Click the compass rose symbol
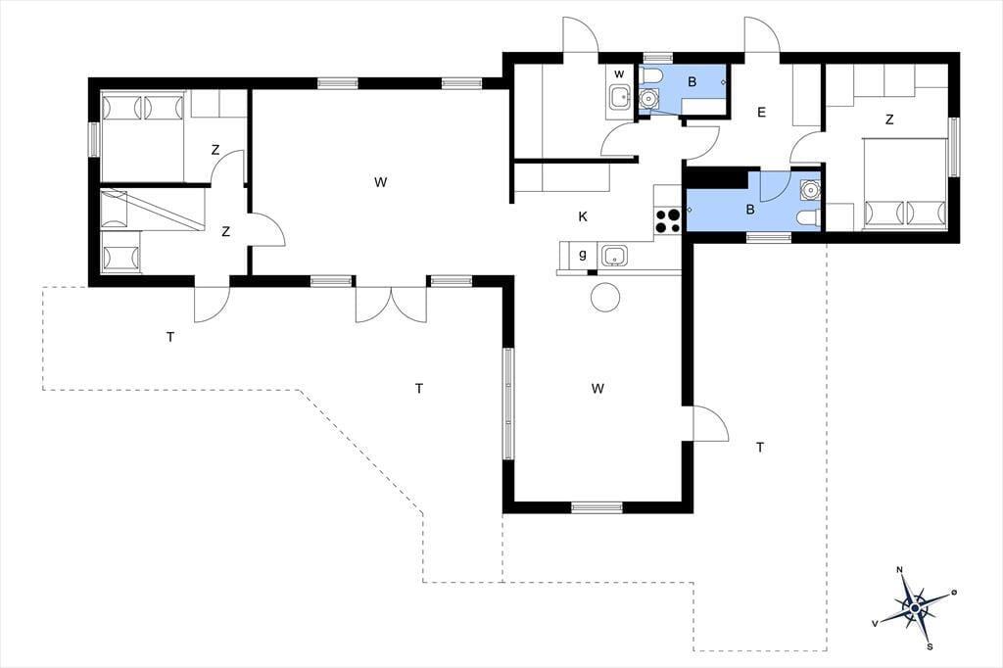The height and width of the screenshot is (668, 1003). (916, 606)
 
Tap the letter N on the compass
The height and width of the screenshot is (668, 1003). (900, 569)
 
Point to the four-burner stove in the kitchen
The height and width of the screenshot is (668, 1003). (666, 221)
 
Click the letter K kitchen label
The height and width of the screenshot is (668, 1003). (583, 216)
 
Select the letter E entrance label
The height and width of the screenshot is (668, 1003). (761, 113)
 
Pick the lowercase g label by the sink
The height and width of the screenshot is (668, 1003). (583, 255)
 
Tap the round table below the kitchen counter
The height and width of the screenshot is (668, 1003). (604, 296)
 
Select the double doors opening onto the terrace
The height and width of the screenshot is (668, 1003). (391, 304)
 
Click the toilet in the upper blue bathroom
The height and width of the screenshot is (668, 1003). (651, 76)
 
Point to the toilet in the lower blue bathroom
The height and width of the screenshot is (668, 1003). (808, 218)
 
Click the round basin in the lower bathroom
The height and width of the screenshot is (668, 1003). (810, 190)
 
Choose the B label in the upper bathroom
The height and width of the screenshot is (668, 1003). (692, 82)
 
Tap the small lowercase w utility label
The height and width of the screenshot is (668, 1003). (619, 74)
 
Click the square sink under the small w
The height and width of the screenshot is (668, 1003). (619, 97)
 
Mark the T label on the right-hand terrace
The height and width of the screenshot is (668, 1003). (760, 448)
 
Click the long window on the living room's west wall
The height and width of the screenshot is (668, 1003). (508, 404)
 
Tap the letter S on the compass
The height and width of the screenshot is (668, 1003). (931, 645)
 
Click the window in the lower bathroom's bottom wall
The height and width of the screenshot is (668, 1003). (769, 237)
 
